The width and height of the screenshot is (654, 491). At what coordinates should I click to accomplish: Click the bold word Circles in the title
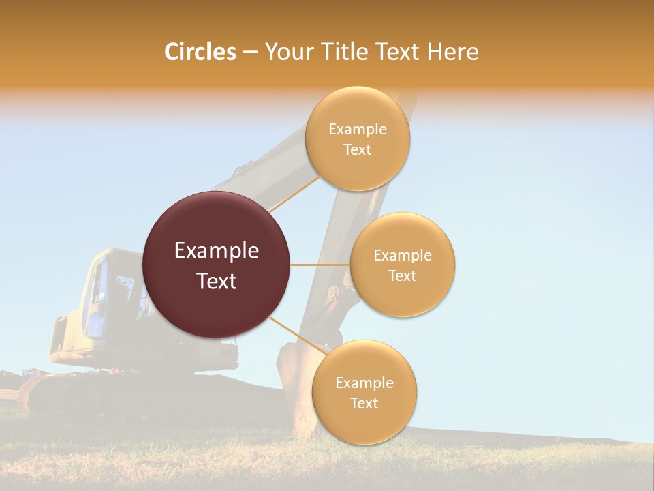coord(200,52)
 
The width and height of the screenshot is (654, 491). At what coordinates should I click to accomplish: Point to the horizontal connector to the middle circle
coord(320,265)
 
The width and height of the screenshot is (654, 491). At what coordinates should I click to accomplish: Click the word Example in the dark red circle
coord(217,251)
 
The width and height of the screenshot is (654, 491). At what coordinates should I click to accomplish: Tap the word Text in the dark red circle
coord(217,281)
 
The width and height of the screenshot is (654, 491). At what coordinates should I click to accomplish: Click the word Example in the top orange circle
coord(357,129)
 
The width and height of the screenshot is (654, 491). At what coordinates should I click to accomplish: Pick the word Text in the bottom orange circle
coord(364,403)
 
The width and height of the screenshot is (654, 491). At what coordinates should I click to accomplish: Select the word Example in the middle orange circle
coord(402,256)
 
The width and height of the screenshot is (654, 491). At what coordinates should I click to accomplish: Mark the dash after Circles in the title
coord(250,53)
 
